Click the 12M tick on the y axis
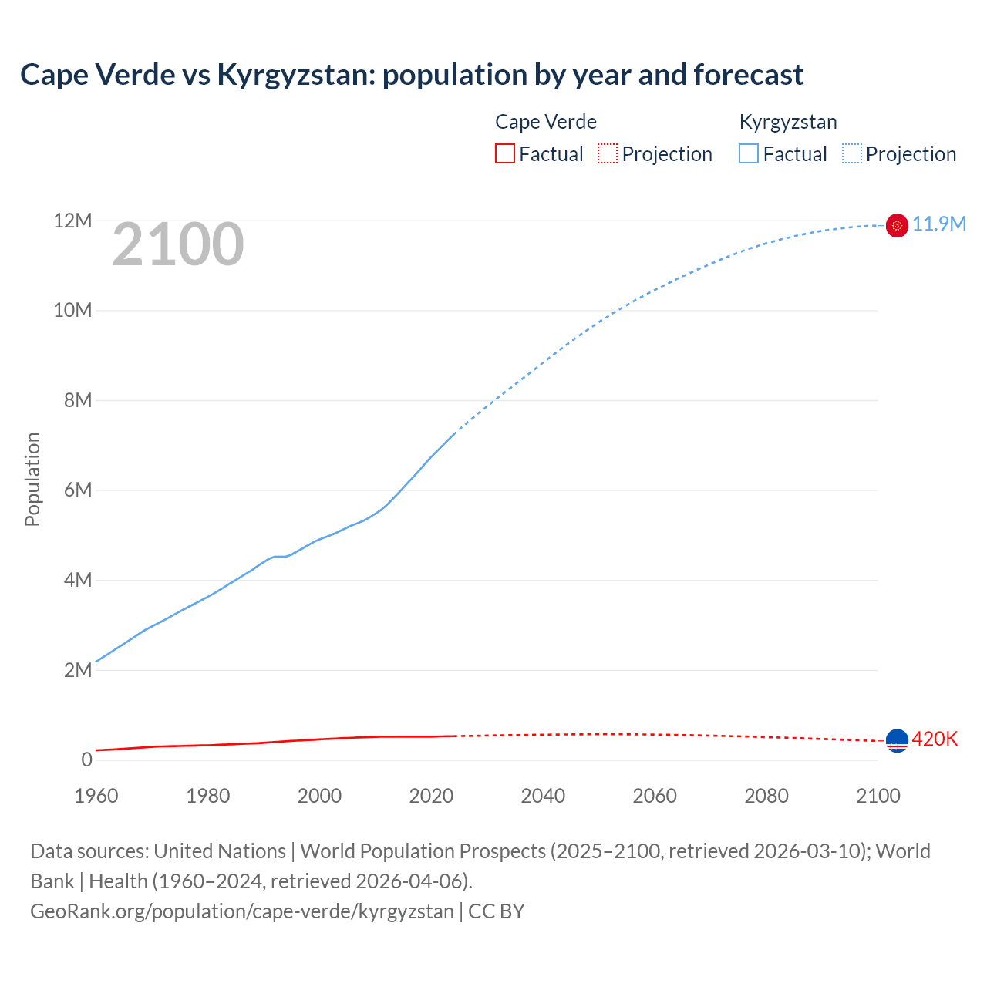click(x=72, y=221)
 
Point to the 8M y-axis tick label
click(x=78, y=400)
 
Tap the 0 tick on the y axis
click(x=86, y=760)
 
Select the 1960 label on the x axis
click(x=96, y=796)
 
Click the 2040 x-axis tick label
click(x=543, y=796)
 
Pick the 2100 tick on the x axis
click(x=878, y=796)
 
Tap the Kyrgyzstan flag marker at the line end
click(x=897, y=225)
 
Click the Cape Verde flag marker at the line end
click(x=897, y=741)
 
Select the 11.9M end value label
click(x=939, y=224)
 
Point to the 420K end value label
click(x=935, y=739)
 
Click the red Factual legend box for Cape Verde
click(x=504, y=154)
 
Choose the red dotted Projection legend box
click(x=608, y=154)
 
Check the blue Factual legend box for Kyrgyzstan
click(x=748, y=154)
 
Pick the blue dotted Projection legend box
click(x=851, y=154)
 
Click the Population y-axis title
click(x=32, y=479)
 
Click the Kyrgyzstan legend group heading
click(x=787, y=122)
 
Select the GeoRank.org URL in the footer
click(x=242, y=911)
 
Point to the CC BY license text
click(x=497, y=911)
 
